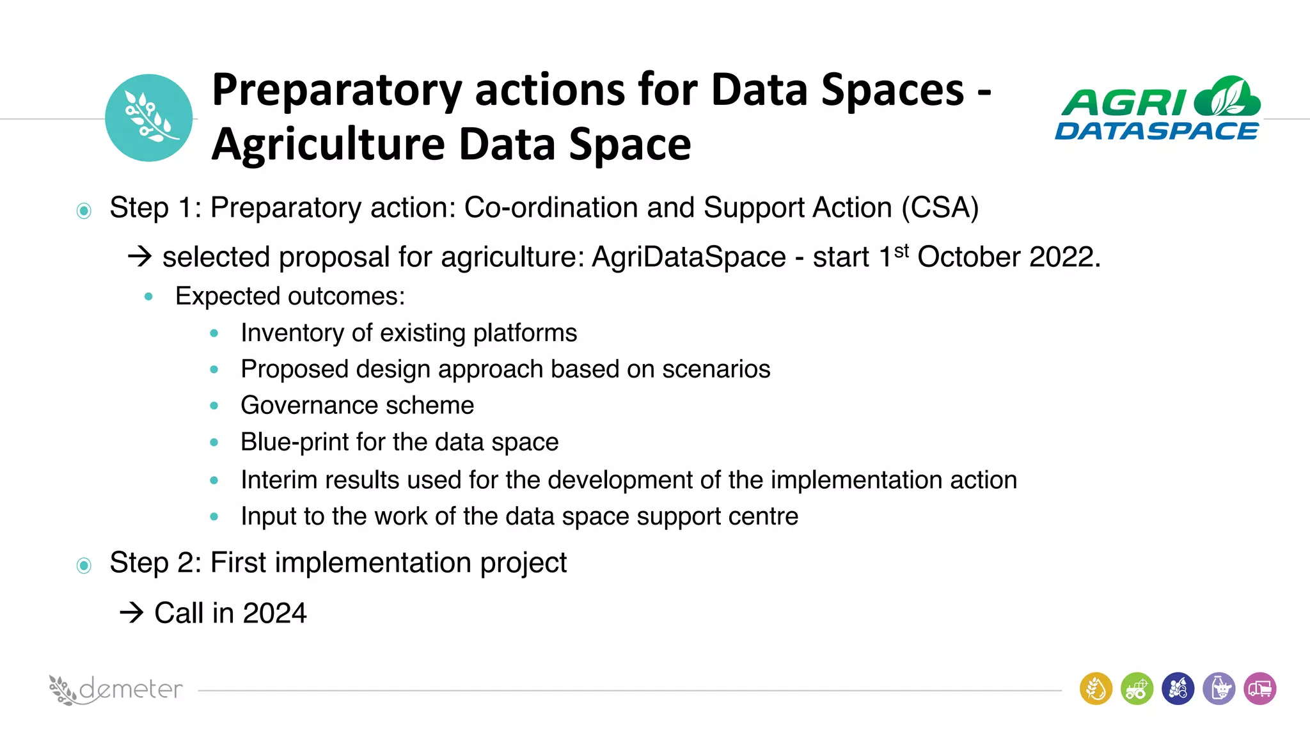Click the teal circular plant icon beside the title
[x=148, y=118]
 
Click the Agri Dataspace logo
[x=1157, y=109]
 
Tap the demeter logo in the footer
[x=116, y=690]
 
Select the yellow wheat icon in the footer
[x=1096, y=689]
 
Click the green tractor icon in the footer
[x=1137, y=689]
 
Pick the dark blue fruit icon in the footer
[x=1178, y=689]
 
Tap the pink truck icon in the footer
[x=1259, y=689]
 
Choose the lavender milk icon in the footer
[x=1219, y=689]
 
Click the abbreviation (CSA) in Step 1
[x=940, y=208]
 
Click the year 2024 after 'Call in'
[x=275, y=613]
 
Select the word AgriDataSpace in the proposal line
[x=688, y=257]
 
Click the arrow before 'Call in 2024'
[x=132, y=613]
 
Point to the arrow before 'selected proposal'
[x=139, y=257]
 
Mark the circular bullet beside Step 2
[x=84, y=566]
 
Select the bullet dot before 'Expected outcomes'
[x=148, y=296]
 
